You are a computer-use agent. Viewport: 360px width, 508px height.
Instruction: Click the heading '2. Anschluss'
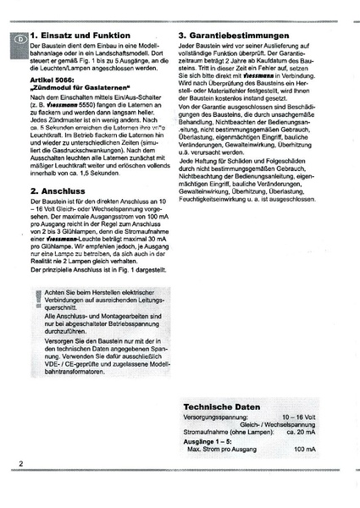coord(57,191)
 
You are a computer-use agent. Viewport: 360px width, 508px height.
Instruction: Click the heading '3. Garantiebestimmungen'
coord(246,36)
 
